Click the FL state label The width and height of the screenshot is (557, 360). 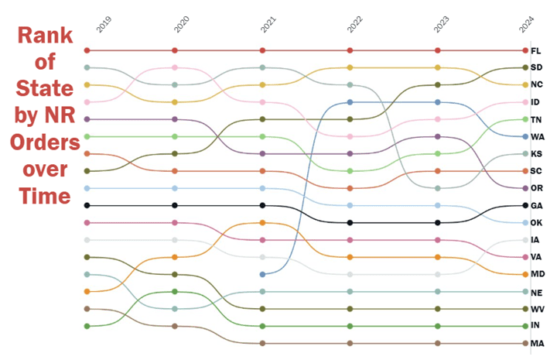(x=536, y=51)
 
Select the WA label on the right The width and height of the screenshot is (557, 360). (x=537, y=136)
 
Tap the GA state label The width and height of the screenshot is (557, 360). (x=537, y=206)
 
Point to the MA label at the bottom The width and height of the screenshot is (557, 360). (x=537, y=343)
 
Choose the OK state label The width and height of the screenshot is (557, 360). (x=537, y=223)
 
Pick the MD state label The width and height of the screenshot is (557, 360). (x=537, y=274)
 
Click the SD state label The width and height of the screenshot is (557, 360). (x=537, y=68)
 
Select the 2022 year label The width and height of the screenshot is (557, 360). (x=355, y=23)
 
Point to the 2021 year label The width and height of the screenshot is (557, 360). (x=268, y=23)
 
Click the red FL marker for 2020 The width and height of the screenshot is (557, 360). (x=176, y=50)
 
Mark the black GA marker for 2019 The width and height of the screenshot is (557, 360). (x=87, y=205)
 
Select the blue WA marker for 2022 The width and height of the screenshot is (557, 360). (x=350, y=102)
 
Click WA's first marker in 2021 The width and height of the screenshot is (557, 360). (x=263, y=274)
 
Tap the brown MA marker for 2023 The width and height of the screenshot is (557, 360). (x=438, y=343)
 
